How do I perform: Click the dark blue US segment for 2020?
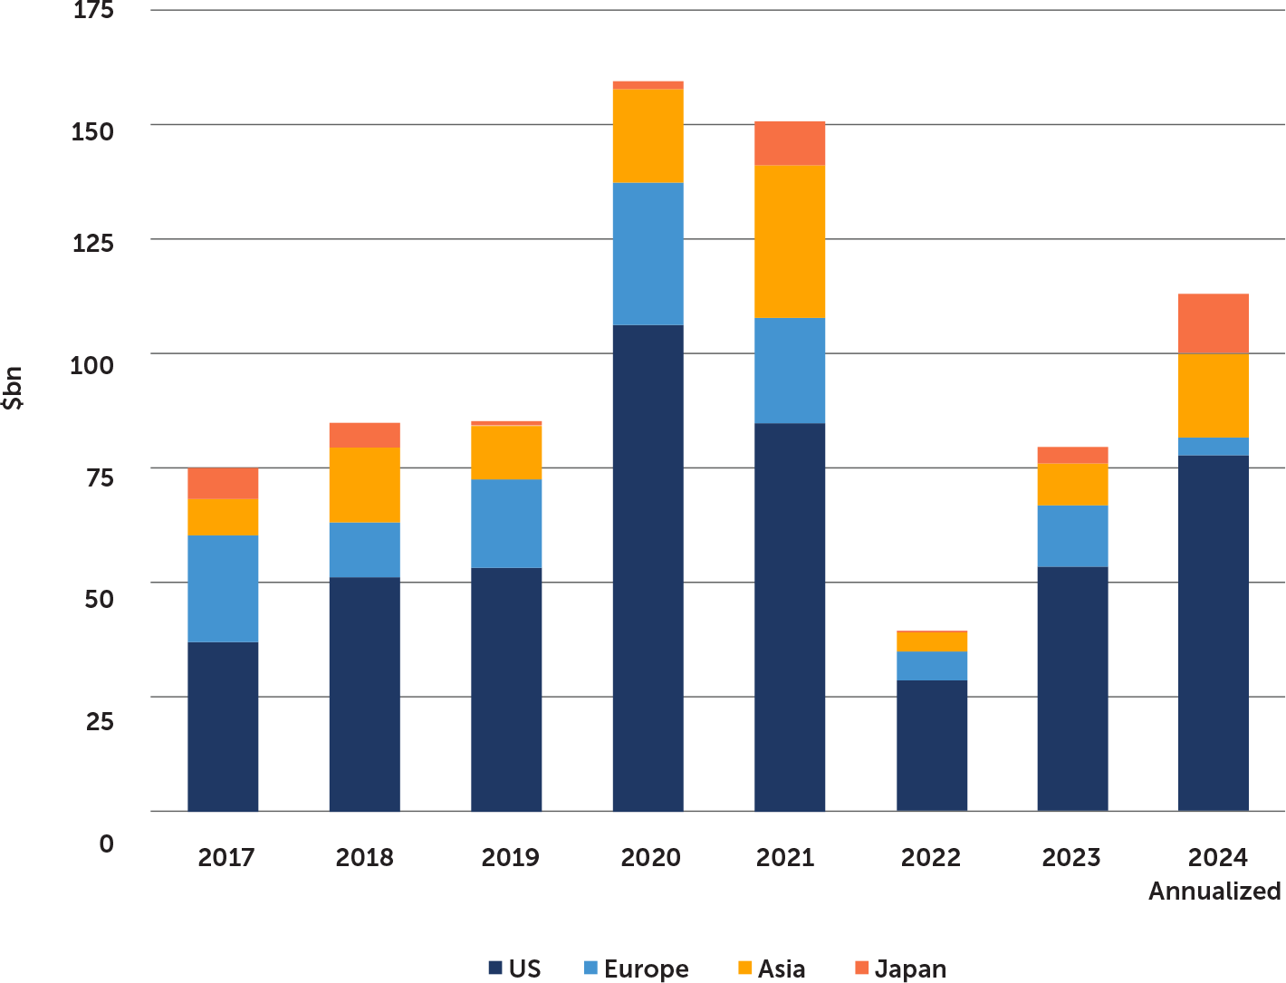pyautogui.click(x=648, y=567)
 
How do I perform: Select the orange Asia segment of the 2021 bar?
pyautogui.click(x=790, y=242)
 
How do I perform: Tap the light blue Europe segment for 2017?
pyautogui.click(x=223, y=589)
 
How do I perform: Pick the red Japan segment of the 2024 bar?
pyautogui.click(x=1213, y=323)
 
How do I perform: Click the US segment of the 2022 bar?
pyautogui.click(x=932, y=746)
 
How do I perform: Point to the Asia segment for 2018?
pyautogui.click(x=364, y=485)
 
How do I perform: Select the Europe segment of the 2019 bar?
pyautogui.click(x=506, y=524)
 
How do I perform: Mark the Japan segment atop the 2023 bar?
pyautogui.click(x=1072, y=455)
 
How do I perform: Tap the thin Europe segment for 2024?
pyautogui.click(x=1213, y=447)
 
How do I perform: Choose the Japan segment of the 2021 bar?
pyautogui.click(x=790, y=143)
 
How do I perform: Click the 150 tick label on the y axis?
pyautogui.click(x=93, y=131)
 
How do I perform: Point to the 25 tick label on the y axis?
pyautogui.click(x=101, y=722)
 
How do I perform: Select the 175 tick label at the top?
pyautogui.click(x=93, y=12)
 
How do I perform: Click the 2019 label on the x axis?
pyautogui.click(x=510, y=857)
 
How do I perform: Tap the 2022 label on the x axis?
pyautogui.click(x=930, y=857)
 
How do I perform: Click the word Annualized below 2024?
pyautogui.click(x=1214, y=891)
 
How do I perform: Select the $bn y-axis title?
pyautogui.click(x=14, y=389)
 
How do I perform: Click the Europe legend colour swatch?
pyautogui.click(x=590, y=969)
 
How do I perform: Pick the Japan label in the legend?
pyautogui.click(x=910, y=969)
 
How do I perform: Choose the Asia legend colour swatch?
pyautogui.click(x=744, y=969)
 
